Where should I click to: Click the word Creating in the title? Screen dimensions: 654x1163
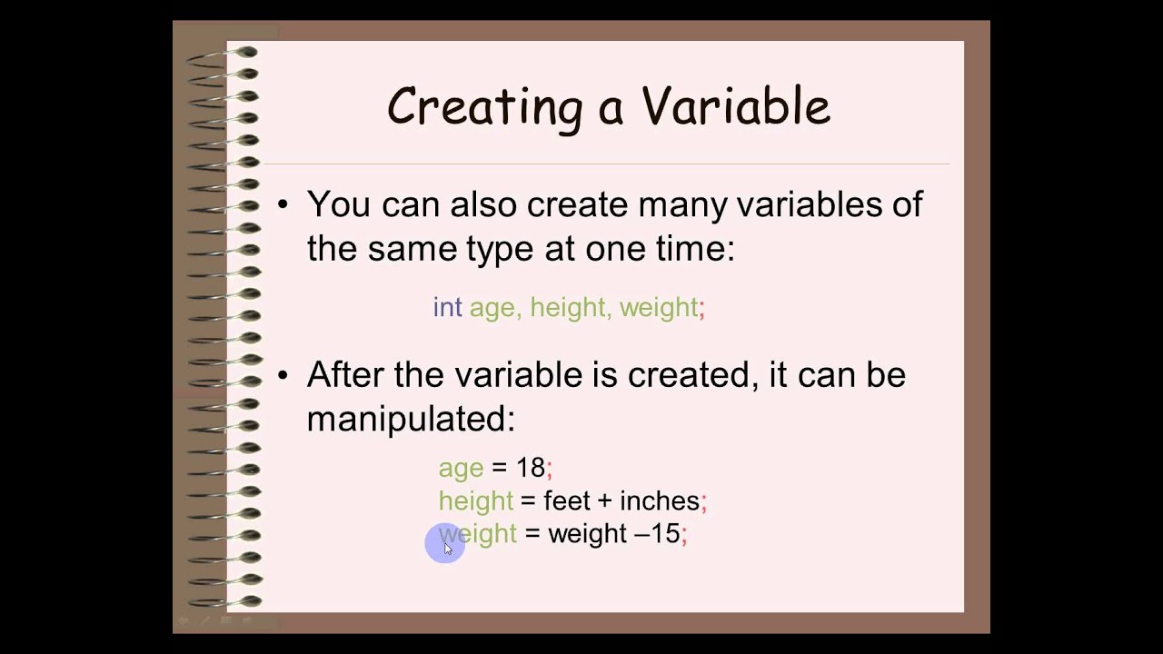[x=483, y=107]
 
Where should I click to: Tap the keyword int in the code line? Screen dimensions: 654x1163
[x=447, y=307]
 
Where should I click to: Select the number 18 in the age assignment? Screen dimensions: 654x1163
[x=530, y=468]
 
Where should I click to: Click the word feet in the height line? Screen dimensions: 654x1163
[x=566, y=500]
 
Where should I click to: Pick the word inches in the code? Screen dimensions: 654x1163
[x=659, y=500]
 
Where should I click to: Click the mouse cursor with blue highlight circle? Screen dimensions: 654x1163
[x=445, y=545]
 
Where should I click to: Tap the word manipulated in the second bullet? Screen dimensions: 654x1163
[x=411, y=419]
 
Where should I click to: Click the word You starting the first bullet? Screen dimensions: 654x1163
[x=339, y=204]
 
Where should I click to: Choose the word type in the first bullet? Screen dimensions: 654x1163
[x=500, y=248]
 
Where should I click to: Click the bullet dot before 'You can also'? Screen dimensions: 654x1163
[x=283, y=204]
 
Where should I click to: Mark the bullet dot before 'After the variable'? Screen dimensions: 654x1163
[x=283, y=374]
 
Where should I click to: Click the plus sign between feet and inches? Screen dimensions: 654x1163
[x=604, y=501]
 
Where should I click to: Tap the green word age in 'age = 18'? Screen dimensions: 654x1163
[x=461, y=469]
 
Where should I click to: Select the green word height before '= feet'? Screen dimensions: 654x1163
[x=475, y=500]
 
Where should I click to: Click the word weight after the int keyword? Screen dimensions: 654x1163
[x=659, y=308]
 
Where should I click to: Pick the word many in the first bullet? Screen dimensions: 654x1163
[x=681, y=204]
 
